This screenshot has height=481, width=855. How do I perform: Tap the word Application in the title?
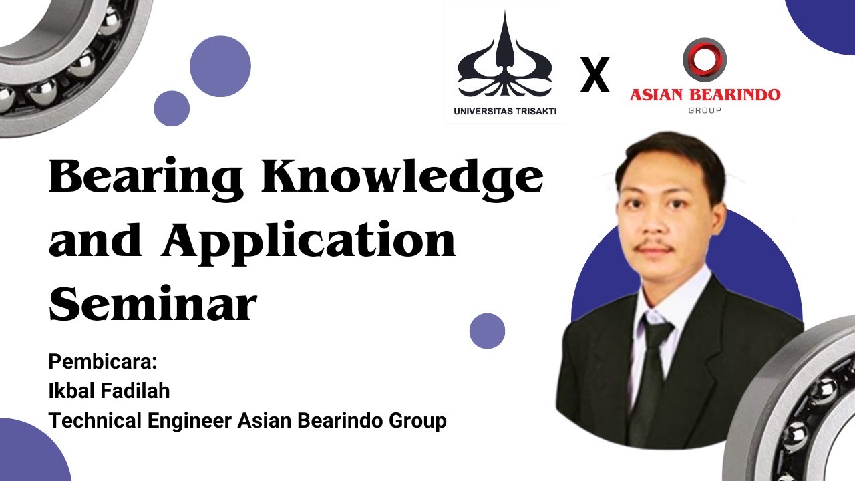pos(309,241)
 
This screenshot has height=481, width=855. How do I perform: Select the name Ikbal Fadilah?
pos(109,391)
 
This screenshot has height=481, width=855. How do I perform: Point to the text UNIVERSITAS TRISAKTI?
pos(505,112)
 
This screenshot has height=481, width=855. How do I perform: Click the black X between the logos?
pos(594,75)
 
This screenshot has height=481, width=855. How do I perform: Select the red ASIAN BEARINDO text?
pos(705,94)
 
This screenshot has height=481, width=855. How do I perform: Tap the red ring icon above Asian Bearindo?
pos(704,59)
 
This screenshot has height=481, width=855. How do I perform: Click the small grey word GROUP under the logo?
pos(705,110)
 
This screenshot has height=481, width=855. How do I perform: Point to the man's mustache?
pos(654,248)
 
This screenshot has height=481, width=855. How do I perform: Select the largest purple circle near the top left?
pos(220,67)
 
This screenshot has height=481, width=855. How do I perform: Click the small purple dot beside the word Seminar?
pos(487,331)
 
